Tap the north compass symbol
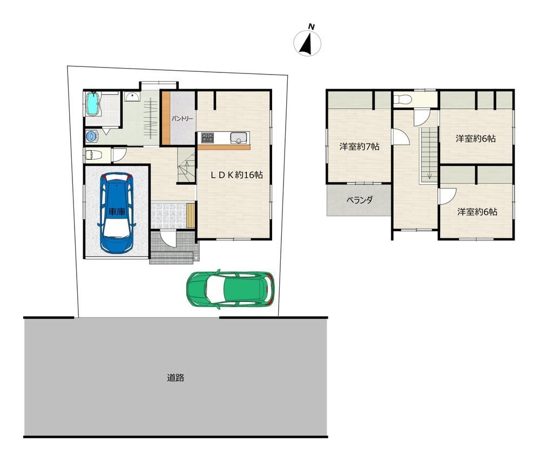307,42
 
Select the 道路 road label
175,378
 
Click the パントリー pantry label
182,118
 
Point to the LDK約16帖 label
237,175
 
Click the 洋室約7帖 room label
359,147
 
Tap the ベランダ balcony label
359,200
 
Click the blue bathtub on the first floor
93,104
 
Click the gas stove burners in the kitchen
208,137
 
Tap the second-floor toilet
403,99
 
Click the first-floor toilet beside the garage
93,154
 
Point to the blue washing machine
92,136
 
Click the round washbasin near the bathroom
132,97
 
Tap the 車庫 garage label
117,211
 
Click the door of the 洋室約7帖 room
401,137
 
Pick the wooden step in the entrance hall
191,215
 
